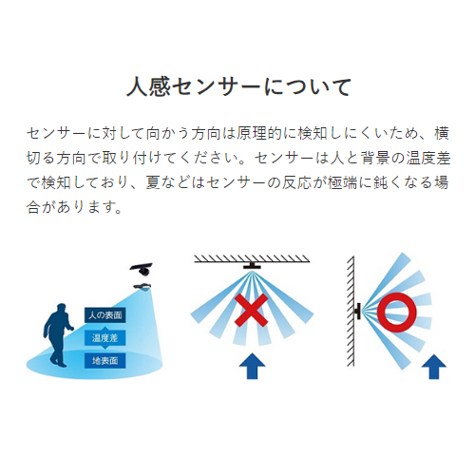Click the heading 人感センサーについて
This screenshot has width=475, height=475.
[239, 86]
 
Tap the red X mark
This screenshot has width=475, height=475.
[252, 311]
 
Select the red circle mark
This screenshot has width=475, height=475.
[396, 313]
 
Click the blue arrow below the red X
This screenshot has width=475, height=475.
[252, 366]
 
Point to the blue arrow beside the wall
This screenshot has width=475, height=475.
[434, 367]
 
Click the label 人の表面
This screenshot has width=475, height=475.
[105, 315]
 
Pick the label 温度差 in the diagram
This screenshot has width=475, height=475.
[105, 338]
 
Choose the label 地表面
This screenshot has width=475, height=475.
[105, 361]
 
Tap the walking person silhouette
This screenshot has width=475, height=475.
[58, 335]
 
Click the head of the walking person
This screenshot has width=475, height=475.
[61, 309]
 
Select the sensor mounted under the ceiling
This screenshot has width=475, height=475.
[252, 265]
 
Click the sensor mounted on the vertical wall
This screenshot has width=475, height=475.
[358, 311]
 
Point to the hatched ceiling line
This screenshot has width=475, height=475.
[252, 258]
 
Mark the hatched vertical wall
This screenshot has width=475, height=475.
[351, 311]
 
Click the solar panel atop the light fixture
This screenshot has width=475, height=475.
[142, 266]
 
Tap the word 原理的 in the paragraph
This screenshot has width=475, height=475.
[259, 134]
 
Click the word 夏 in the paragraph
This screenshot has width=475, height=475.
[153, 182]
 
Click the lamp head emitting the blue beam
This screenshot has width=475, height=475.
[143, 287]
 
